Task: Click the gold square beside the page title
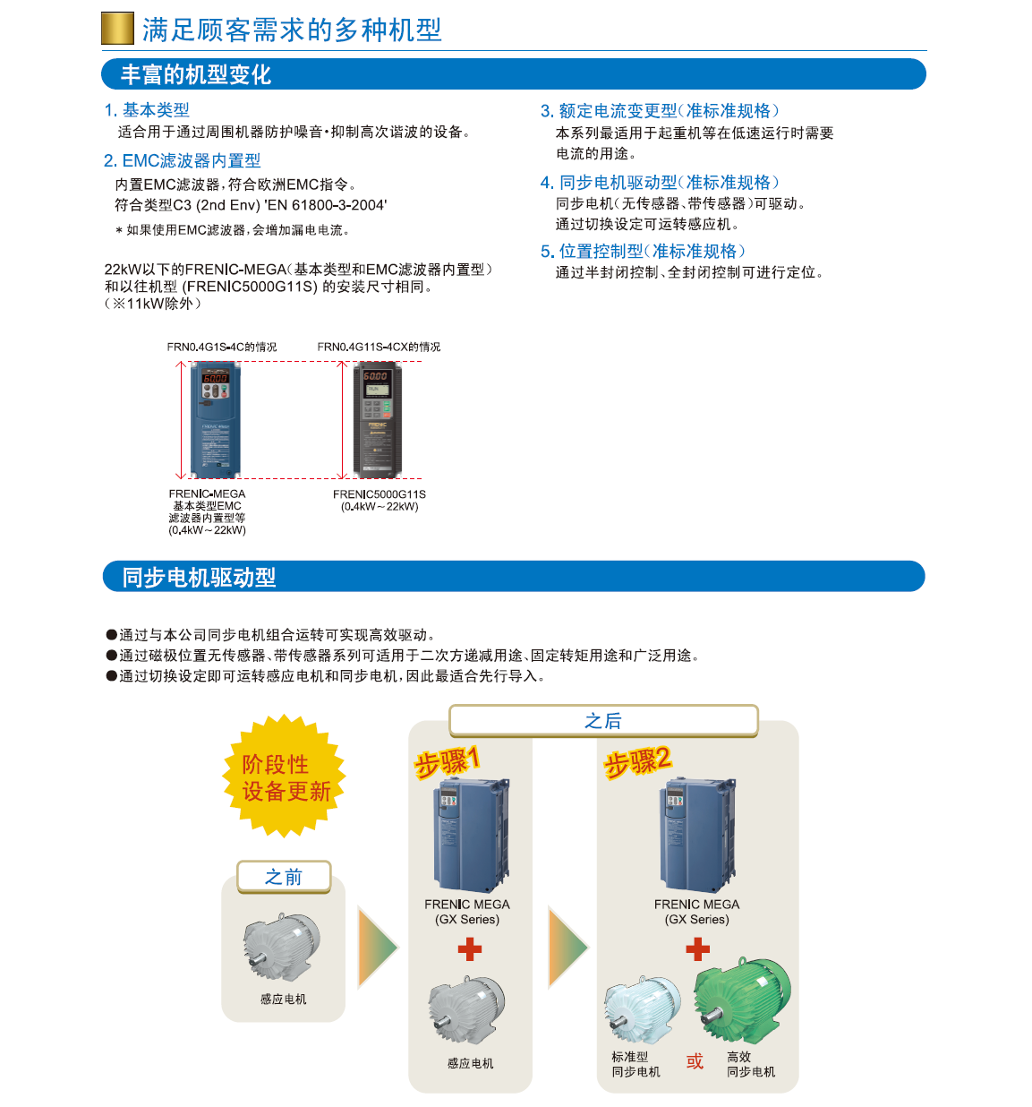117,28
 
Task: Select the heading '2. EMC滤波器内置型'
182,160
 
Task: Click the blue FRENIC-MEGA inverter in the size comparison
215,419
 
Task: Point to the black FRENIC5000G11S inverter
377,419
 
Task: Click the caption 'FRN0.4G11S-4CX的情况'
379,347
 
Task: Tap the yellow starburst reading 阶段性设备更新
284,776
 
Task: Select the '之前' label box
284,877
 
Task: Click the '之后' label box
603,720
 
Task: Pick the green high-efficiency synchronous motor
742,1000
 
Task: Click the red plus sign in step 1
469,949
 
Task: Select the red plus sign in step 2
697,949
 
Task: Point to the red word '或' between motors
695,1061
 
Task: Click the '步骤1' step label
447,761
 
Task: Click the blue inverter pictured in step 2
697,835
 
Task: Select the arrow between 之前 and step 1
378,947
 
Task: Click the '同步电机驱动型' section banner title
199,577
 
